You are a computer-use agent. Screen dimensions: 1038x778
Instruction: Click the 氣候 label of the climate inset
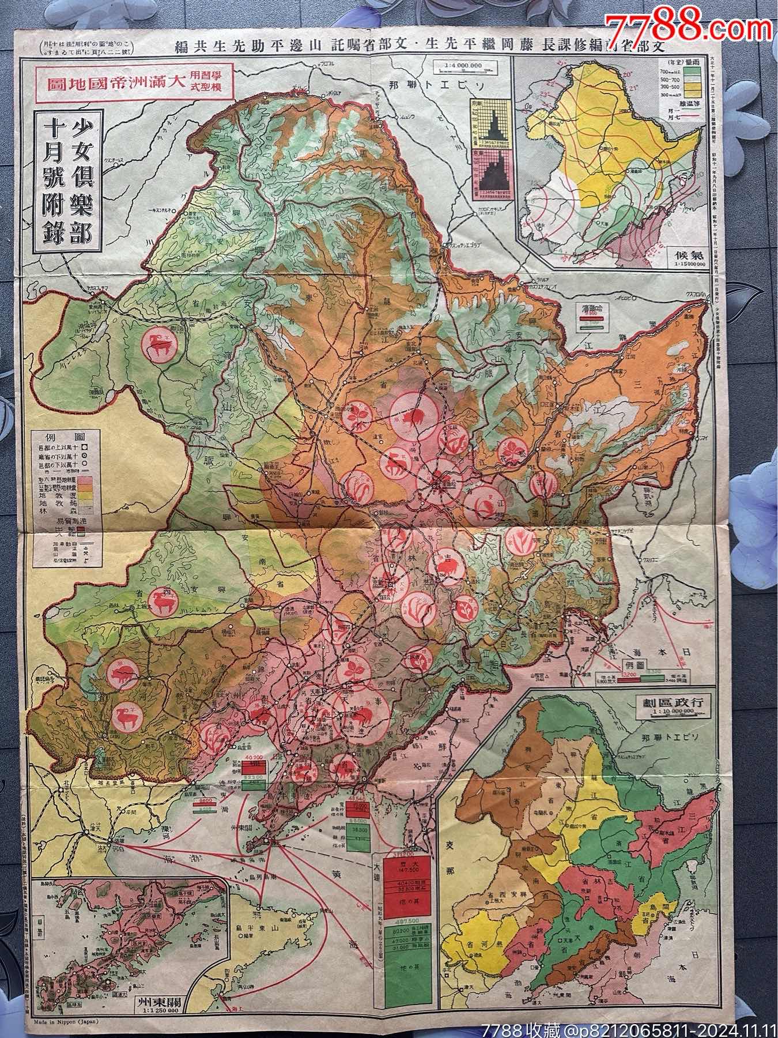[x=686, y=254]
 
